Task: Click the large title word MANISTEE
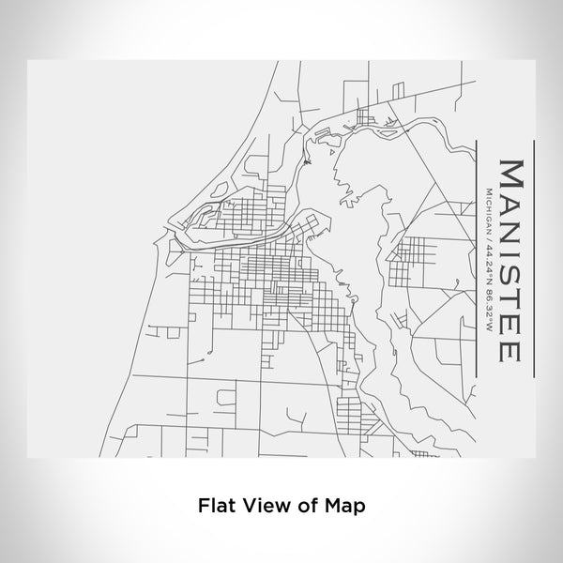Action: pyautogui.click(x=511, y=254)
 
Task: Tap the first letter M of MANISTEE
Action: pyautogui.click(x=511, y=175)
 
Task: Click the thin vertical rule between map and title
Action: pyautogui.click(x=478, y=254)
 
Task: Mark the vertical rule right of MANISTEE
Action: pyautogui.click(x=534, y=254)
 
